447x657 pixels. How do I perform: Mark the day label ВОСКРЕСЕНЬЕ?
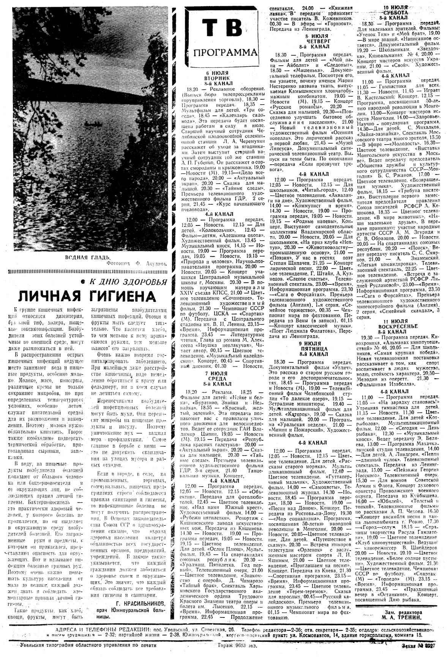tap(398, 326)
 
